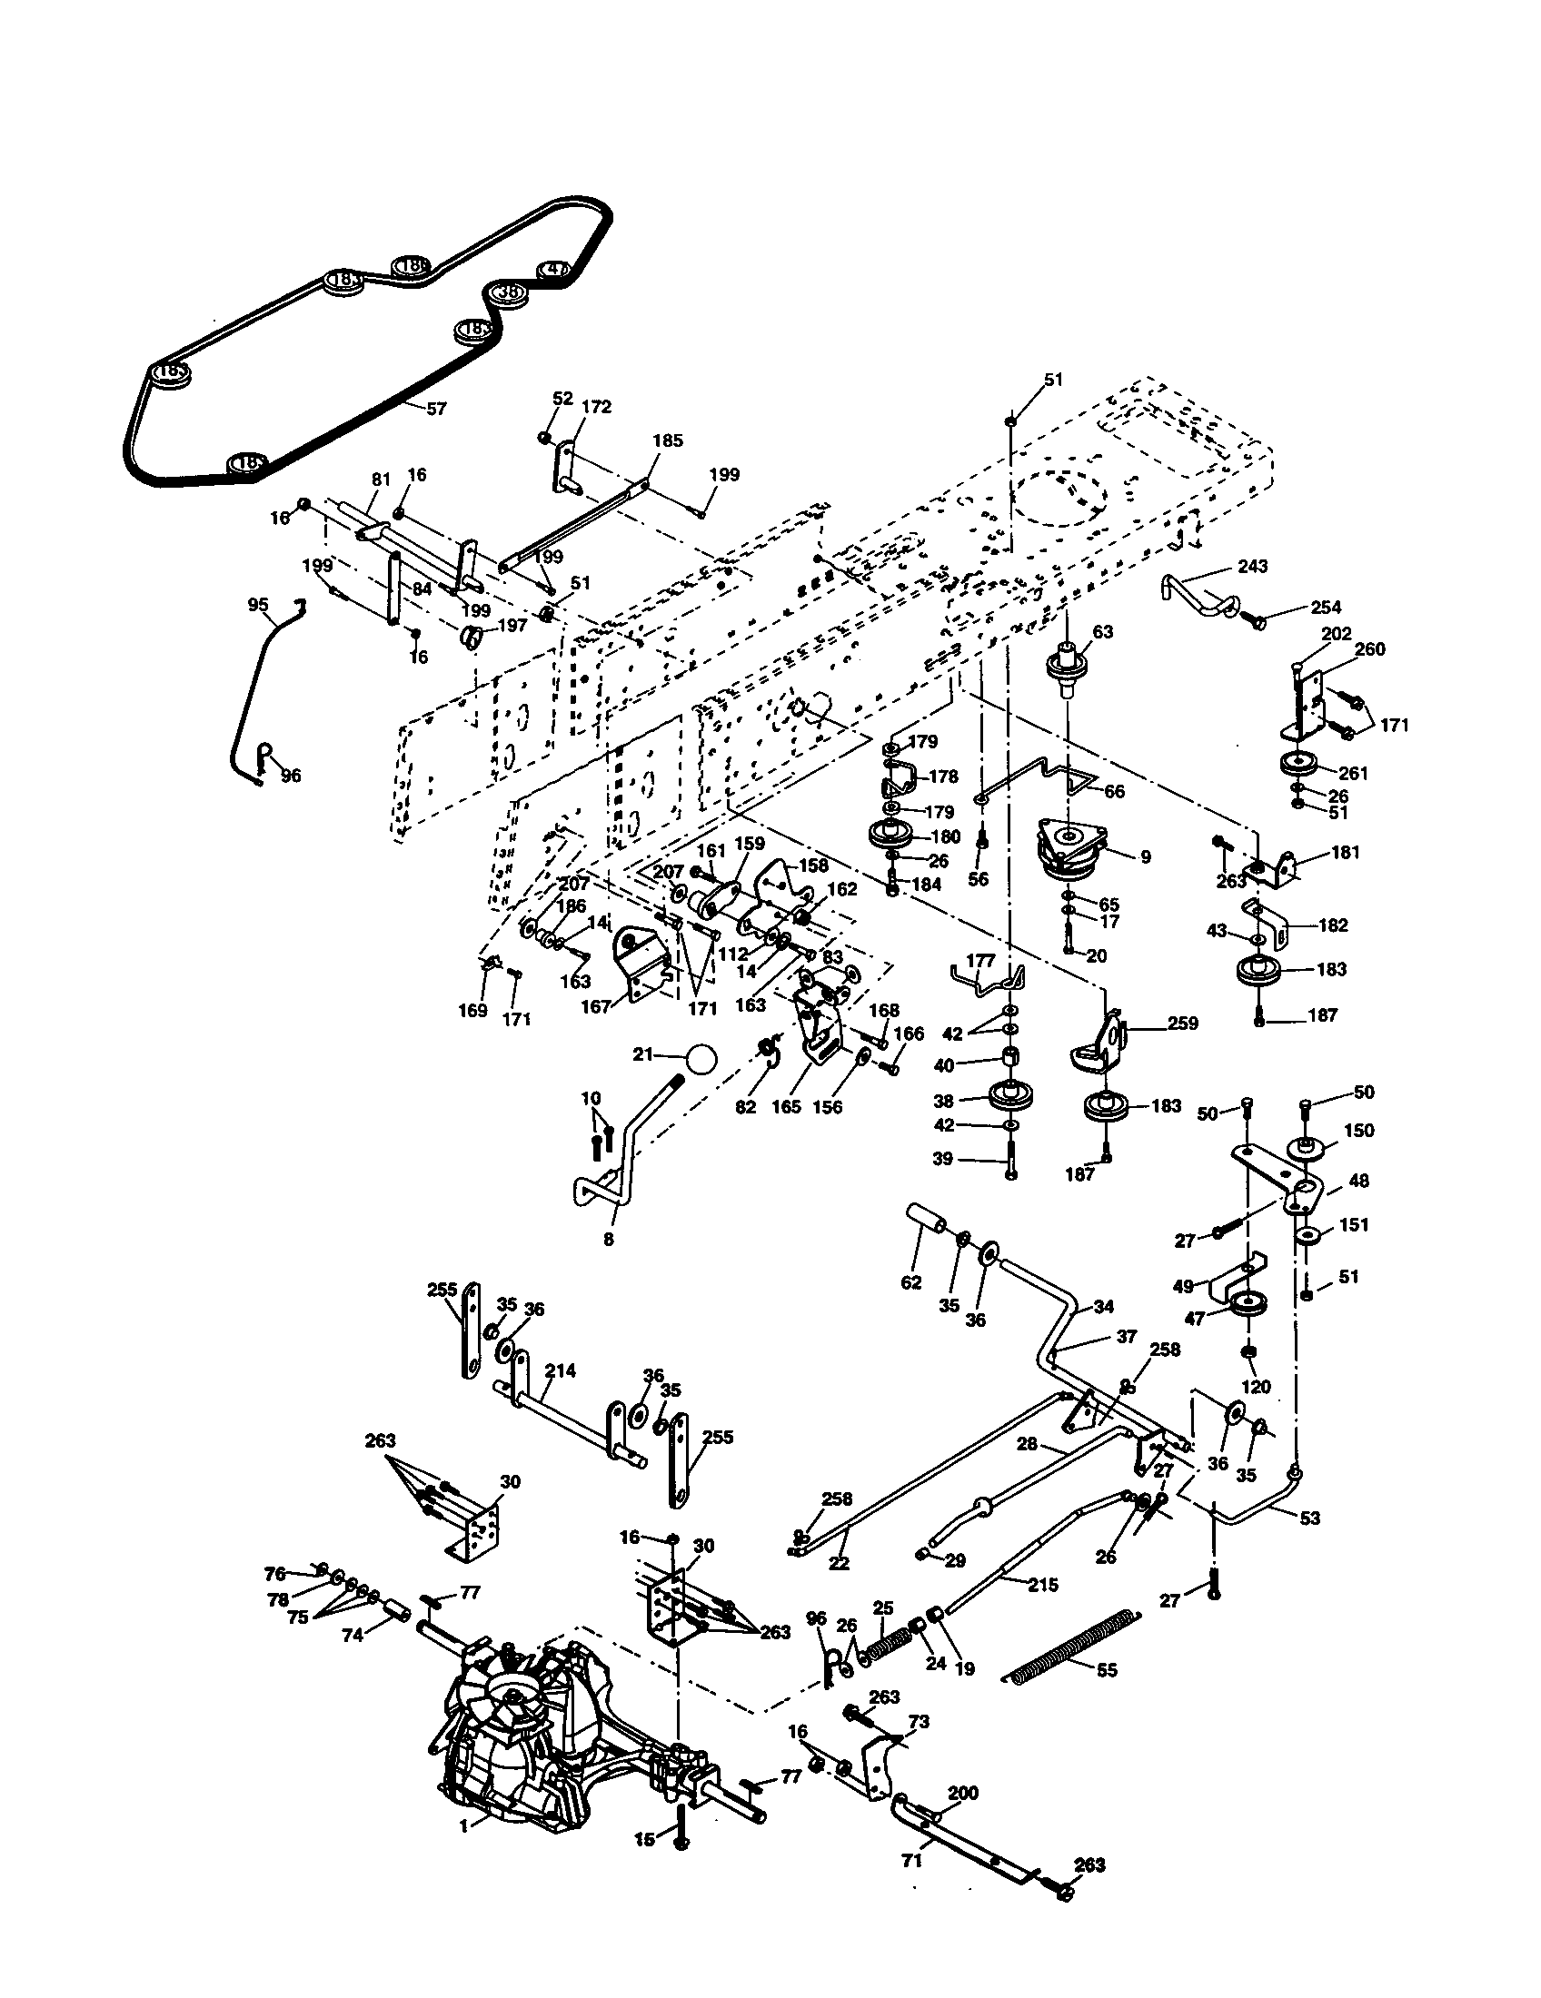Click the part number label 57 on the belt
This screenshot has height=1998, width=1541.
436,409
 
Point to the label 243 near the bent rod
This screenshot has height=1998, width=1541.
1252,567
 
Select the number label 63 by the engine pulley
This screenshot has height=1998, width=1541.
1103,632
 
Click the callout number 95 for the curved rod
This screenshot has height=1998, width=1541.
259,605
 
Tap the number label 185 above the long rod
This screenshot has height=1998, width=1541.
667,441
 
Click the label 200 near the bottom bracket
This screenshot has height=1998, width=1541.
962,1793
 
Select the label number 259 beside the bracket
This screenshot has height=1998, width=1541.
1182,1023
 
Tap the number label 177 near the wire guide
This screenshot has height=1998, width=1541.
980,962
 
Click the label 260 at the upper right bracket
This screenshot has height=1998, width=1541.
1369,648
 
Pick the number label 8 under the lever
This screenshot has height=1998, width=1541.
609,1241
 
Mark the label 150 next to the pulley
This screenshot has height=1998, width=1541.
1359,1130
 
